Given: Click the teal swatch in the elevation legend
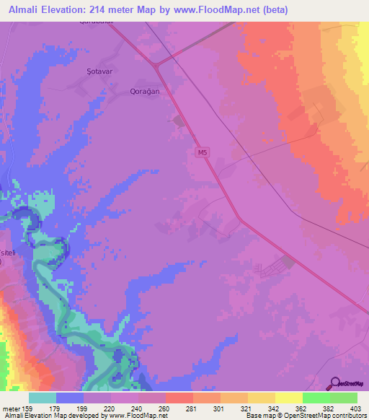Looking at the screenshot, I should pyautogui.click(x=43, y=398).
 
